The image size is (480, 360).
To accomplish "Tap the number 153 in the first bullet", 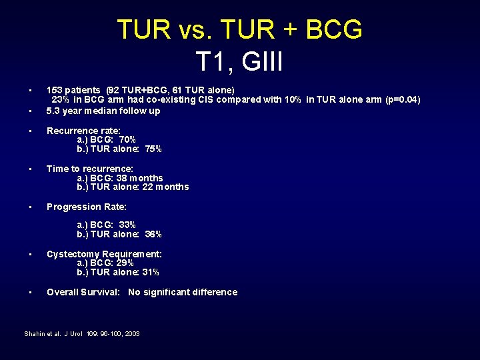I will pyautogui.click(x=54, y=90).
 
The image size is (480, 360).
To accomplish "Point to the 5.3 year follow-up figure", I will pyautogui.click(x=54, y=111).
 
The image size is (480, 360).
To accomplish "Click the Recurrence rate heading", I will pyautogui.click(x=83, y=131).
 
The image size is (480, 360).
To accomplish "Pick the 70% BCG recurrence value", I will pyautogui.click(x=127, y=140).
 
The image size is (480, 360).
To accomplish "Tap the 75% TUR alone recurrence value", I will pyautogui.click(x=153, y=149).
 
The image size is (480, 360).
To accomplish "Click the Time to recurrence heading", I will pyautogui.click(x=90, y=169).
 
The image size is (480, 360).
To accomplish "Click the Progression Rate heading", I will pyautogui.click(x=87, y=207).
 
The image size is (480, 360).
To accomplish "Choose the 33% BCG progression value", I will pyautogui.click(x=127, y=225).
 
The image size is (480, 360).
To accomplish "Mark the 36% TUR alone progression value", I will pyautogui.click(x=153, y=234).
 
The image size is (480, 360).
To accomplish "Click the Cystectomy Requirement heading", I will pyautogui.click(x=105, y=254).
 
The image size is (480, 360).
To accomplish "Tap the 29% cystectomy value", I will pyautogui.click(x=125, y=263).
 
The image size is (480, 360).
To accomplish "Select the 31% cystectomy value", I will pyautogui.click(x=151, y=272).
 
